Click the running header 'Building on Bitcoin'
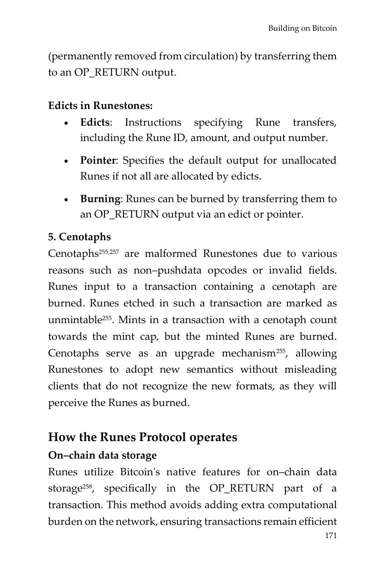[x=302, y=29]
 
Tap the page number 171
[x=331, y=536]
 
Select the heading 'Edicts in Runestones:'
[x=100, y=106]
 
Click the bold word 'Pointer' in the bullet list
[x=98, y=161]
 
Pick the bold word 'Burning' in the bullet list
[x=100, y=199]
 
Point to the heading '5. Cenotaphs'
[x=79, y=237]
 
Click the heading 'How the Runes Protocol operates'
[x=142, y=437]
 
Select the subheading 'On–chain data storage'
[x=102, y=456]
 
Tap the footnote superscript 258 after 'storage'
[x=87, y=486]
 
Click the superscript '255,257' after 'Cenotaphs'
[x=108, y=251]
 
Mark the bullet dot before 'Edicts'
[x=66, y=124]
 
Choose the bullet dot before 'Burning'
[x=66, y=200]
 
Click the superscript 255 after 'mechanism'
[x=280, y=351]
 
